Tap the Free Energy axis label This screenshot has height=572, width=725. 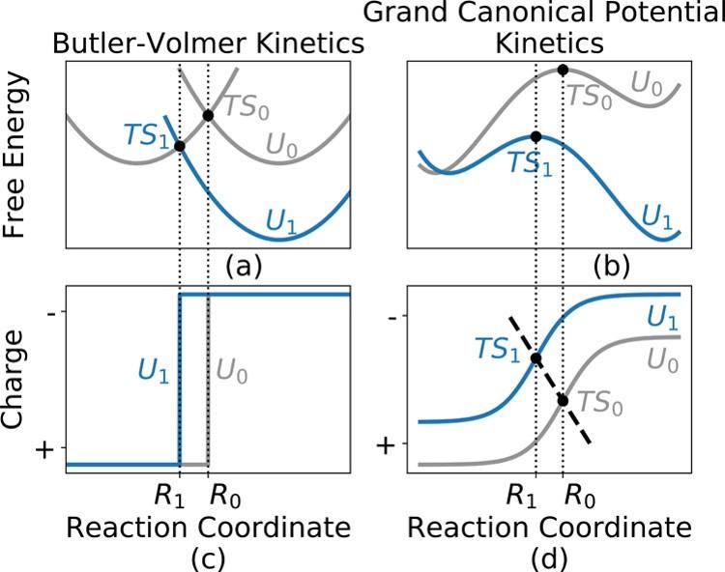[x=22, y=159]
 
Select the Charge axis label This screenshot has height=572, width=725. [x=22, y=380]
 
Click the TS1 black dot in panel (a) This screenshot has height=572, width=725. [x=181, y=146]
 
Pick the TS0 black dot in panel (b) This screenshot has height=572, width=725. [x=563, y=71]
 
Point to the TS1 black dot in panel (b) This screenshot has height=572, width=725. [x=536, y=137]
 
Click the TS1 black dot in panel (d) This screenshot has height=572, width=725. [x=536, y=359]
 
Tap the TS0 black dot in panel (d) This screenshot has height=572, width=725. [x=563, y=400]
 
